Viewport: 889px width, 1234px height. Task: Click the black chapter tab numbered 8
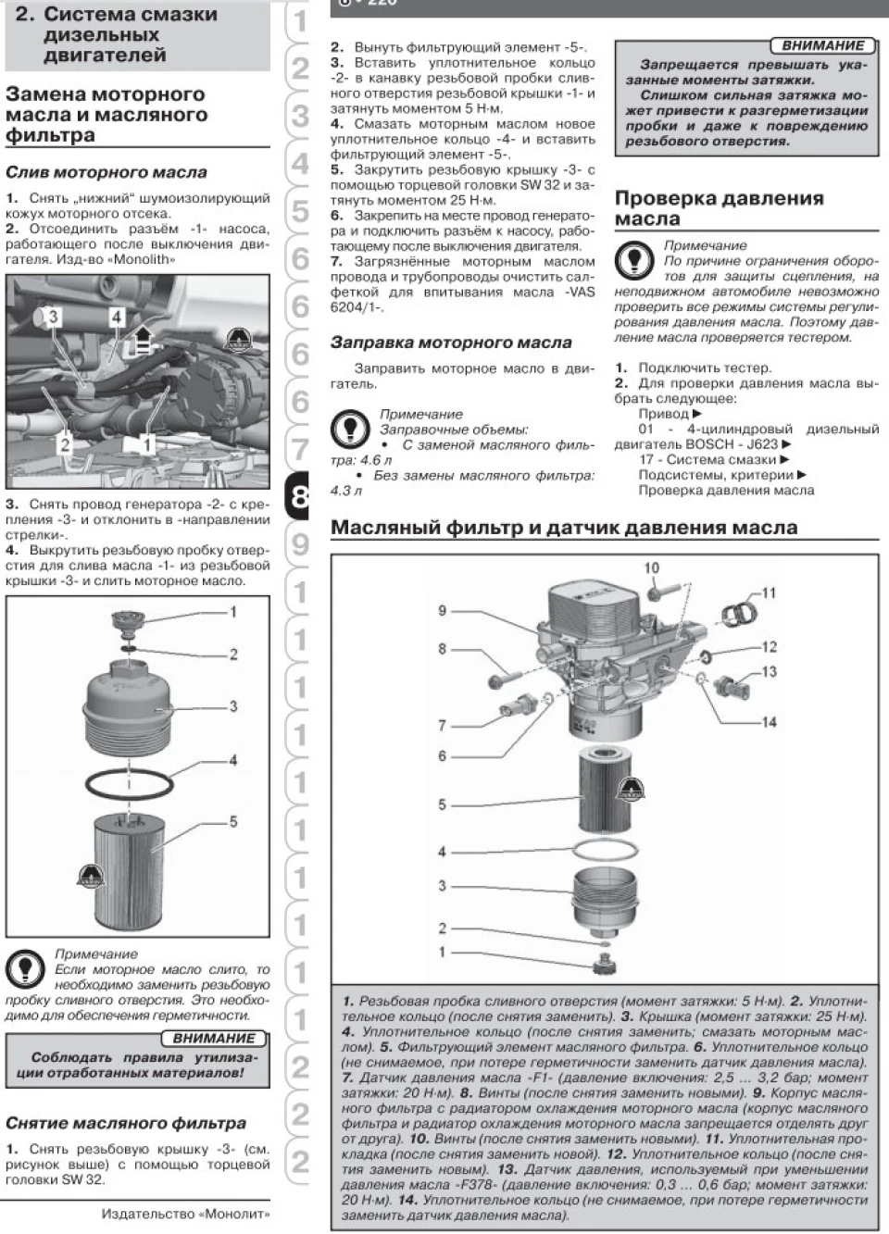298,496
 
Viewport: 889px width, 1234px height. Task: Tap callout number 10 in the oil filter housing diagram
651,567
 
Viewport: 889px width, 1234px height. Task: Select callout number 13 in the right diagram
769,671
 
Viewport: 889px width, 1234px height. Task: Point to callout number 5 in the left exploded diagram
233,821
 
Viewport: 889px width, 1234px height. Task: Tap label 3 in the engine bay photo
53,317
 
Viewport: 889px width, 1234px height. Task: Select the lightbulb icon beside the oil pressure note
633,259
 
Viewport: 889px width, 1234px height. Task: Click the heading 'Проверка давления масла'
720,208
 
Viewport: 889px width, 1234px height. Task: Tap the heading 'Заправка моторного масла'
451,343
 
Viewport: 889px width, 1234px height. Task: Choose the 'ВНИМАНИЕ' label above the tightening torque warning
823,45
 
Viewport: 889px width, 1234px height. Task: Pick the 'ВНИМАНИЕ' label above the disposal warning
214,1039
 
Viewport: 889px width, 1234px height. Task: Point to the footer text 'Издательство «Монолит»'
186,1215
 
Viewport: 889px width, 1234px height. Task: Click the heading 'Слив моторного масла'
106,172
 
